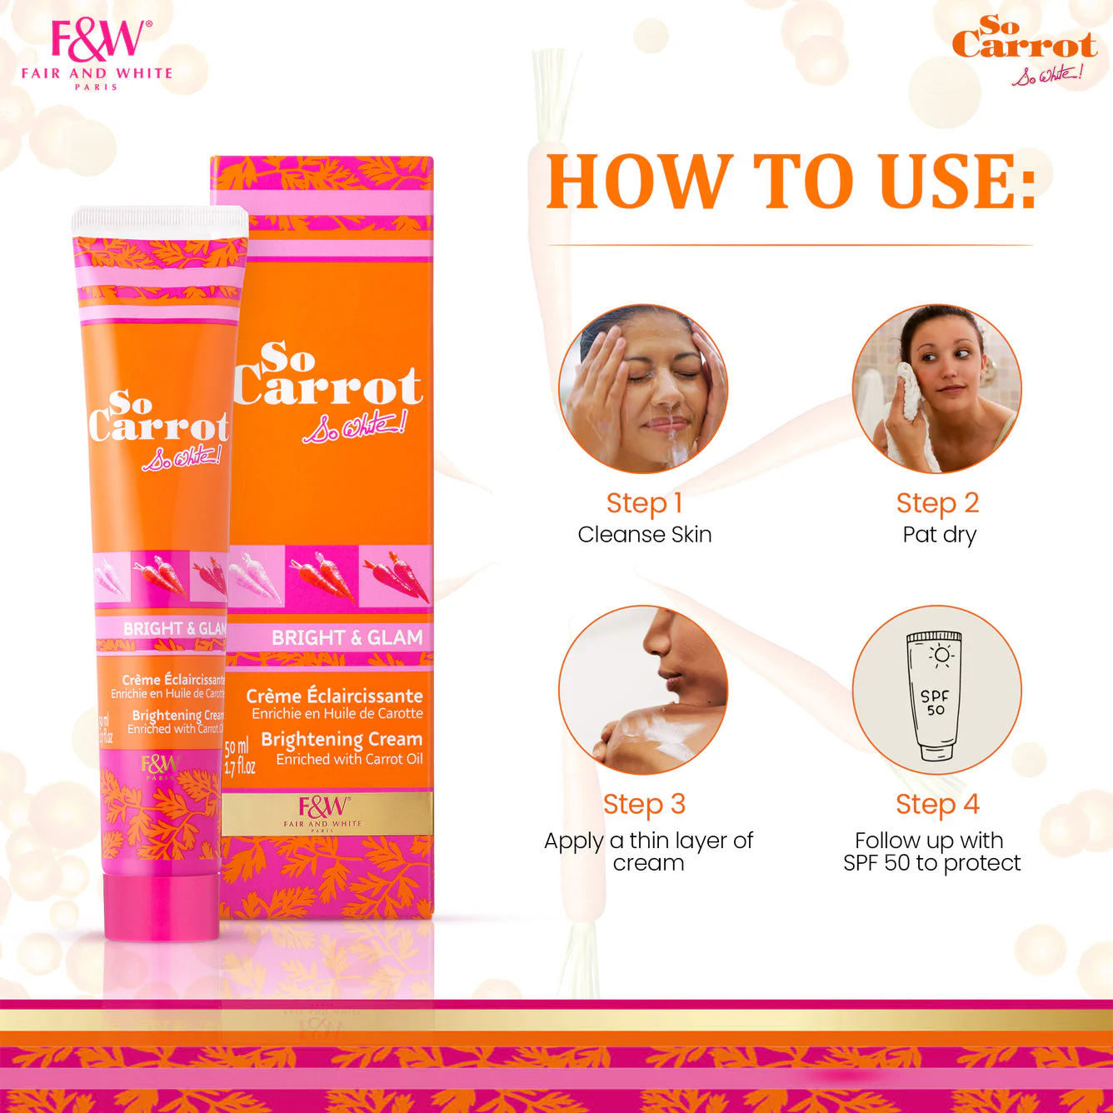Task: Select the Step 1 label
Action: (x=644, y=503)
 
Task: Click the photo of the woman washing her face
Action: (x=643, y=389)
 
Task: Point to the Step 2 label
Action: (x=937, y=503)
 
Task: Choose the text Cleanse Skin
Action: (x=645, y=535)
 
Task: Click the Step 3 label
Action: (x=644, y=805)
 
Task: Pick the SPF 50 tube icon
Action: (x=935, y=696)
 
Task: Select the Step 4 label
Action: (x=937, y=805)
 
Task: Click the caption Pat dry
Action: (x=939, y=535)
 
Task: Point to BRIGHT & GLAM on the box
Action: (x=347, y=638)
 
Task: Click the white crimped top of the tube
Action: (x=160, y=222)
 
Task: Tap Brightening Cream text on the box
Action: (x=342, y=740)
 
